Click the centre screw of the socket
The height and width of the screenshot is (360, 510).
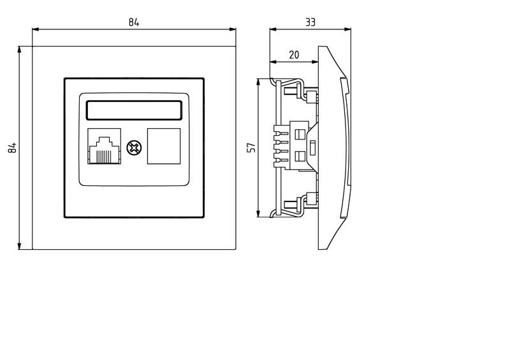coord(135,147)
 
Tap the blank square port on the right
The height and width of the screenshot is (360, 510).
coord(164,147)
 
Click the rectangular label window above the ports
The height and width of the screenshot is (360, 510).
coord(135,110)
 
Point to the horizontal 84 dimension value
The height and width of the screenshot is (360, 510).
coord(134,22)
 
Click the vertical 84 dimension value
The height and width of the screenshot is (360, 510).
coord(11,148)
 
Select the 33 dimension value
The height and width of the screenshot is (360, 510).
coord(310,22)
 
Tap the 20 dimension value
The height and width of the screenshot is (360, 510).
coord(294,55)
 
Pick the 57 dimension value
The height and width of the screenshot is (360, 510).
coord(251,148)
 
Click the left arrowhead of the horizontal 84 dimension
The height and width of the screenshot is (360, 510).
coord(36,29)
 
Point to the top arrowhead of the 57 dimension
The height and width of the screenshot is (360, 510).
coord(258,82)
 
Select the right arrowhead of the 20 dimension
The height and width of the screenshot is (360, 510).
coord(315,62)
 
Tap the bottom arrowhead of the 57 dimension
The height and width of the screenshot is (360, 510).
coord(258,213)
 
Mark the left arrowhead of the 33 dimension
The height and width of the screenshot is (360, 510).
coord(273,29)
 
